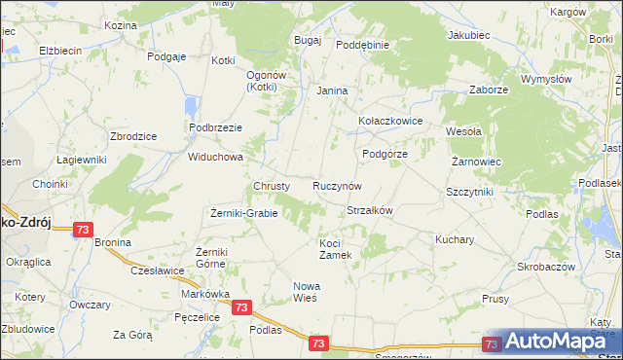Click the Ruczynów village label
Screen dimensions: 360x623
(x=338, y=185)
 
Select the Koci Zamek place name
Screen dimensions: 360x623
(x=341, y=248)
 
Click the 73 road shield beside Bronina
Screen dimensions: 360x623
(x=83, y=230)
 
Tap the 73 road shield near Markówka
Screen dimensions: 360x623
(x=242, y=307)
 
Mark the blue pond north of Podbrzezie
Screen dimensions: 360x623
(x=191, y=106)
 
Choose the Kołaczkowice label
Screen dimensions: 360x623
(x=389, y=122)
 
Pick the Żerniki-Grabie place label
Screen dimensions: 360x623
(x=244, y=213)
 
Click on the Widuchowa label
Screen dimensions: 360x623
(x=215, y=157)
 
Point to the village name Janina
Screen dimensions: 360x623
(x=332, y=90)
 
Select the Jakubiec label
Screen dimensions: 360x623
(x=467, y=35)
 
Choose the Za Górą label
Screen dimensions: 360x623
(x=132, y=335)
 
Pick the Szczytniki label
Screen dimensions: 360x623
(x=469, y=192)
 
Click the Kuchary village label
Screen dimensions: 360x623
(x=455, y=238)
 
